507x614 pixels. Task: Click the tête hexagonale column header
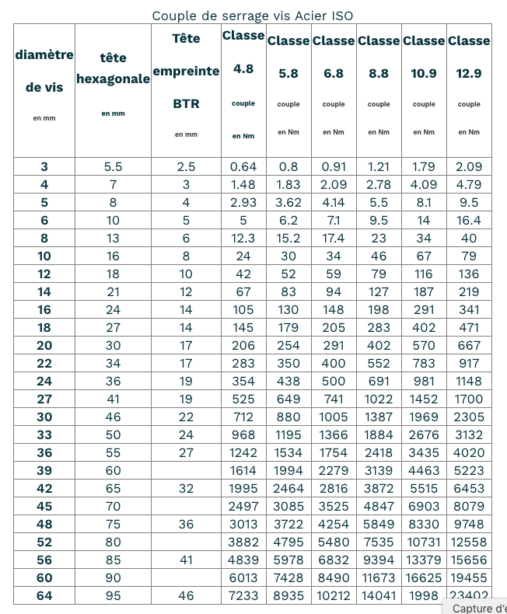(114, 69)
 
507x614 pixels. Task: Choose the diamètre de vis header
(44, 72)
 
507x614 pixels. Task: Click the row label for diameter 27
(44, 399)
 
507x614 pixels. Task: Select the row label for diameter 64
(44, 595)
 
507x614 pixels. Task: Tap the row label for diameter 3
(44, 166)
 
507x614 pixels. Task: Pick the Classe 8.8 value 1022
(379, 399)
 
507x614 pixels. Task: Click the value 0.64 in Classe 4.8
(243, 166)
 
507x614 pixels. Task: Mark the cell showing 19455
(469, 577)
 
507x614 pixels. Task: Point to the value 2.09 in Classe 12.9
(469, 166)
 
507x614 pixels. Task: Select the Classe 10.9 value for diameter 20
(424, 345)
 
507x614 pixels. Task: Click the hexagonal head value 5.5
(114, 166)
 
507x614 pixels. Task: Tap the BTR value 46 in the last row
(186, 595)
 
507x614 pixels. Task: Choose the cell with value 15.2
(288, 238)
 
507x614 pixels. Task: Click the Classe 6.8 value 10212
(334, 595)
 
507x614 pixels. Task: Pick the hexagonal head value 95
(114, 595)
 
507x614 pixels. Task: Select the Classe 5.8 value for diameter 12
(288, 274)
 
